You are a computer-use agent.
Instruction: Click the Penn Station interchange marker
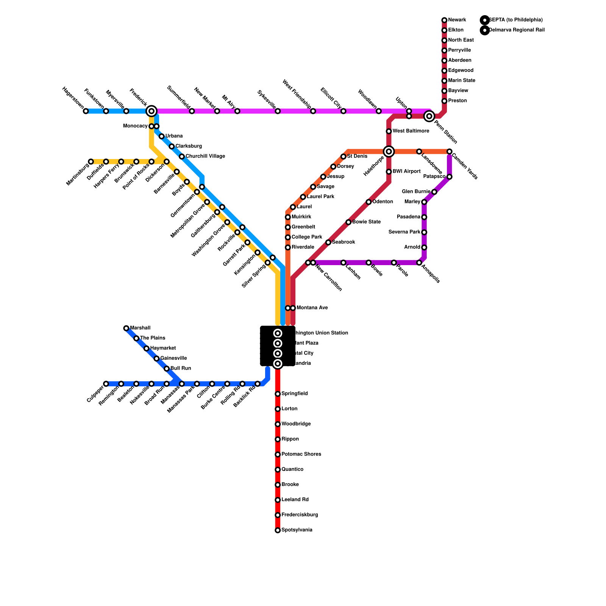click(429, 116)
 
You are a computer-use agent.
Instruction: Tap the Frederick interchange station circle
click(151, 111)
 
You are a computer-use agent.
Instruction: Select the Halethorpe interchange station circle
click(389, 151)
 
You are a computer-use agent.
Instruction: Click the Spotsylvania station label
click(297, 530)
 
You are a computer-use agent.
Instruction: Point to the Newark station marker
click(444, 20)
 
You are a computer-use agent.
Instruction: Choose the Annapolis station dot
click(419, 262)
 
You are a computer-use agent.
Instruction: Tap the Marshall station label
click(140, 328)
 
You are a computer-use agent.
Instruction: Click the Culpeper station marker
click(106, 384)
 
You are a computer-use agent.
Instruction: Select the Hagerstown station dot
click(86, 111)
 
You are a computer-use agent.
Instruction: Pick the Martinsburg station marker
click(91, 162)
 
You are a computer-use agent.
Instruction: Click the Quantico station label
click(292, 470)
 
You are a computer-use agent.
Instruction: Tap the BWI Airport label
click(406, 172)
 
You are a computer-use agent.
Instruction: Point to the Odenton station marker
click(369, 202)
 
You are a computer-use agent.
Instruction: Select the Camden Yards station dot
click(449, 151)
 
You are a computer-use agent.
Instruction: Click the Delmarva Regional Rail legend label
click(517, 30)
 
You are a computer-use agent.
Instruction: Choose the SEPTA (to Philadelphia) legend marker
click(484, 20)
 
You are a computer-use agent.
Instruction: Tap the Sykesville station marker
click(278, 111)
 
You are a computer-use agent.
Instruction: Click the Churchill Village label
click(205, 156)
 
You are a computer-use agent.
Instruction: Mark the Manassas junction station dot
click(182, 384)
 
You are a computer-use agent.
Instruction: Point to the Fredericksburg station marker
click(278, 515)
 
